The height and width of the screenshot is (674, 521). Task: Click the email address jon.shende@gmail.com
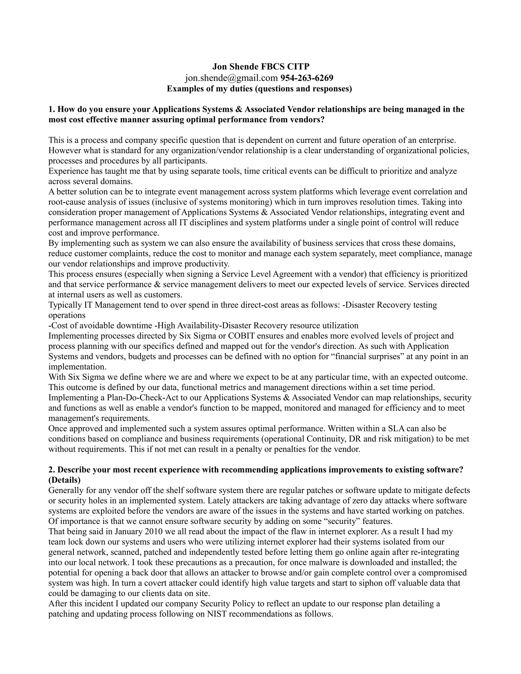(x=231, y=78)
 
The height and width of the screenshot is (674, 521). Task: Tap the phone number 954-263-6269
(x=307, y=78)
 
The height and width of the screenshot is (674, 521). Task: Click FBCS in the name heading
(x=274, y=67)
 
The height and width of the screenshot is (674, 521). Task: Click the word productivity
(x=207, y=264)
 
